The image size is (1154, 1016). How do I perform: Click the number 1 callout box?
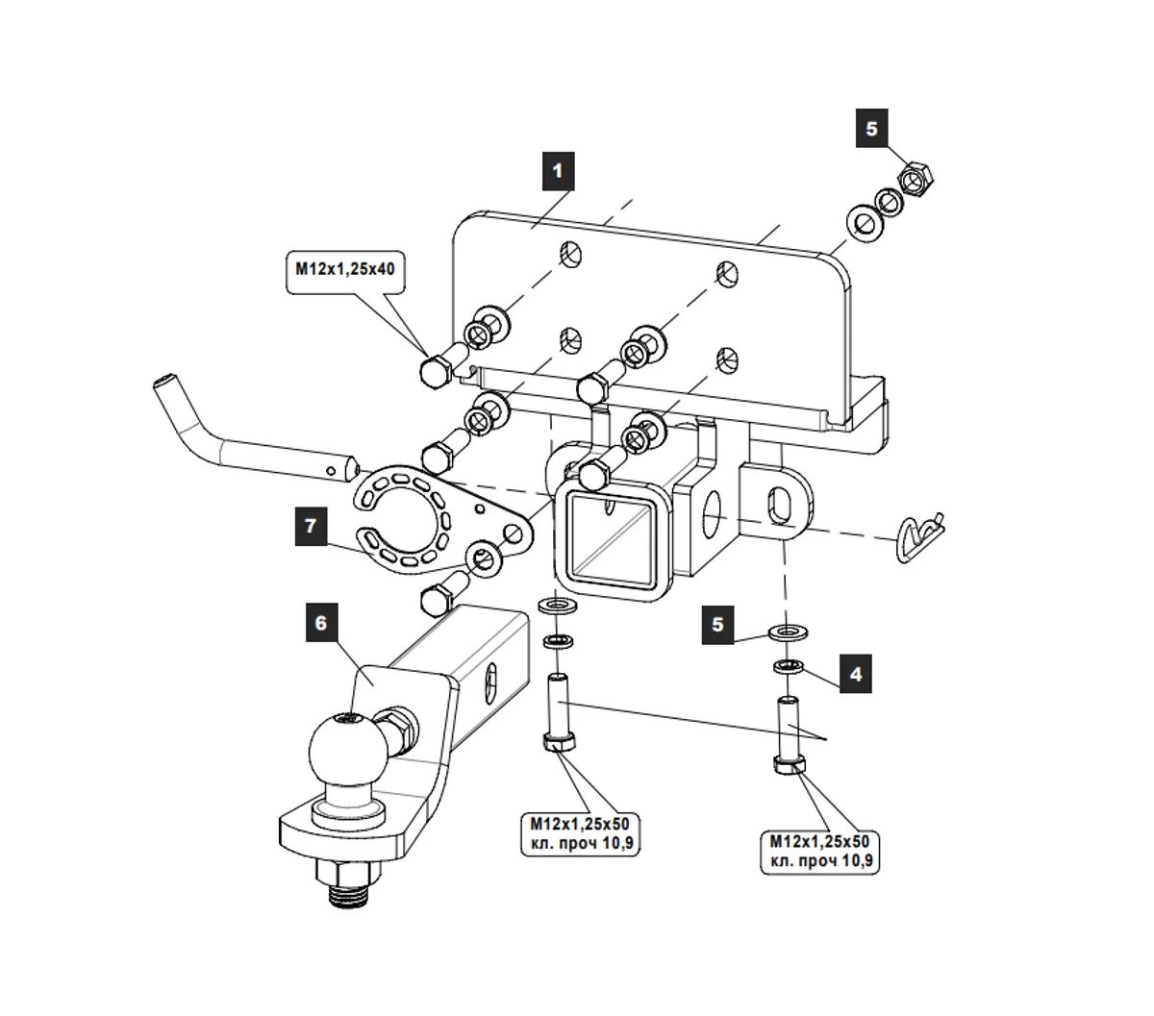[557, 172]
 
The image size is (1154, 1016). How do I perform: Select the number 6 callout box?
[320, 623]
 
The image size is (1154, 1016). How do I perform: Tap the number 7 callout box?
[310, 525]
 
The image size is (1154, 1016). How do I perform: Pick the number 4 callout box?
[855, 674]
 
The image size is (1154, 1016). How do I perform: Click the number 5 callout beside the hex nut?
[871, 128]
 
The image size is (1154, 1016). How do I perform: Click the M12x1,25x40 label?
[345, 272]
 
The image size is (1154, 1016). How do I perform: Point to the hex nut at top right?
[916, 179]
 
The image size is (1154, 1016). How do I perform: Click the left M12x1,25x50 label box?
[581, 833]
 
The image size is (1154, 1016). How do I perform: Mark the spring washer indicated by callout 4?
[790, 666]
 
